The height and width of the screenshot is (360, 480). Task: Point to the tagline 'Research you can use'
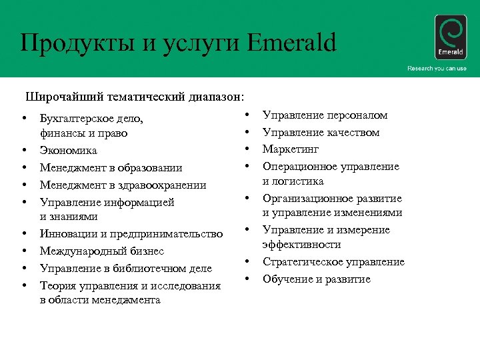coord(437,69)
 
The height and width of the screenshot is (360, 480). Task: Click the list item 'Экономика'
coord(68,151)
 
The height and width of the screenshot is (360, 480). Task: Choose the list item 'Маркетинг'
coord(291,149)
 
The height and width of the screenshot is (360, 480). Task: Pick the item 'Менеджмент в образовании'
coord(111,168)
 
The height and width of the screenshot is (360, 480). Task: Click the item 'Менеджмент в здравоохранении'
coord(123,185)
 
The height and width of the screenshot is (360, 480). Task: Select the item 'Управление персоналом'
coord(325,115)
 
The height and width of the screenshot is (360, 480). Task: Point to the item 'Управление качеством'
coord(321,133)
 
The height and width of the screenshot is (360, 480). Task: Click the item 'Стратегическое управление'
coord(333,262)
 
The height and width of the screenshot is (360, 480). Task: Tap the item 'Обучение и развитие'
coord(316,279)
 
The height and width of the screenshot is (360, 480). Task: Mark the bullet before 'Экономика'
coord(23,151)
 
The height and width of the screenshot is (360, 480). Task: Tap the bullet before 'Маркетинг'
coord(246,149)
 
